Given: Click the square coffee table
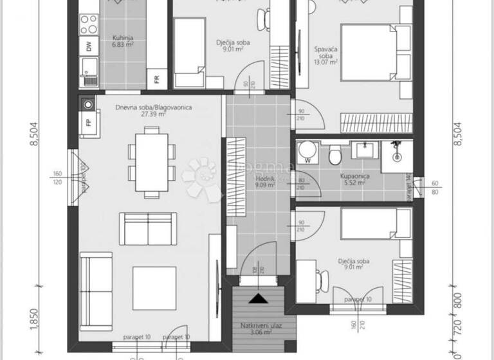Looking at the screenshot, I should (x=154, y=287).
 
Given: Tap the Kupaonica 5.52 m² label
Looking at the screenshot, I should (x=352, y=178).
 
